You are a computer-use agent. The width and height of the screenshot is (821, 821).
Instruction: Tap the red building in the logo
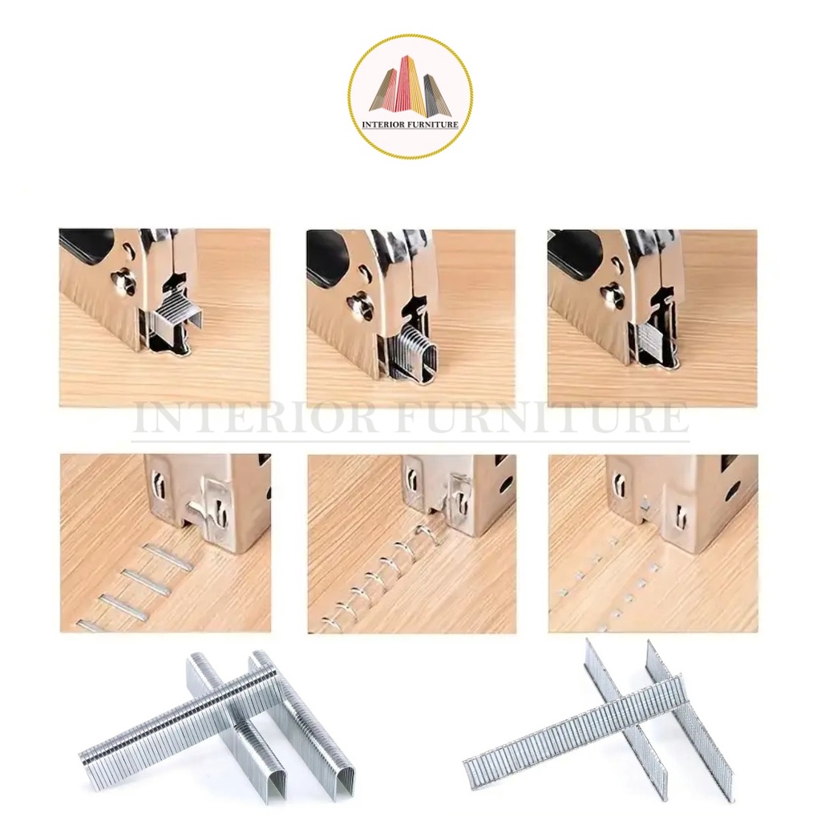point(402,87)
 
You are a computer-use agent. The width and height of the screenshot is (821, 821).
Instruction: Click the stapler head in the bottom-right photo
point(681,493)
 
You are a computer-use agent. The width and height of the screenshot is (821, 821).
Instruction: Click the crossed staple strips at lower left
point(217,730)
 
